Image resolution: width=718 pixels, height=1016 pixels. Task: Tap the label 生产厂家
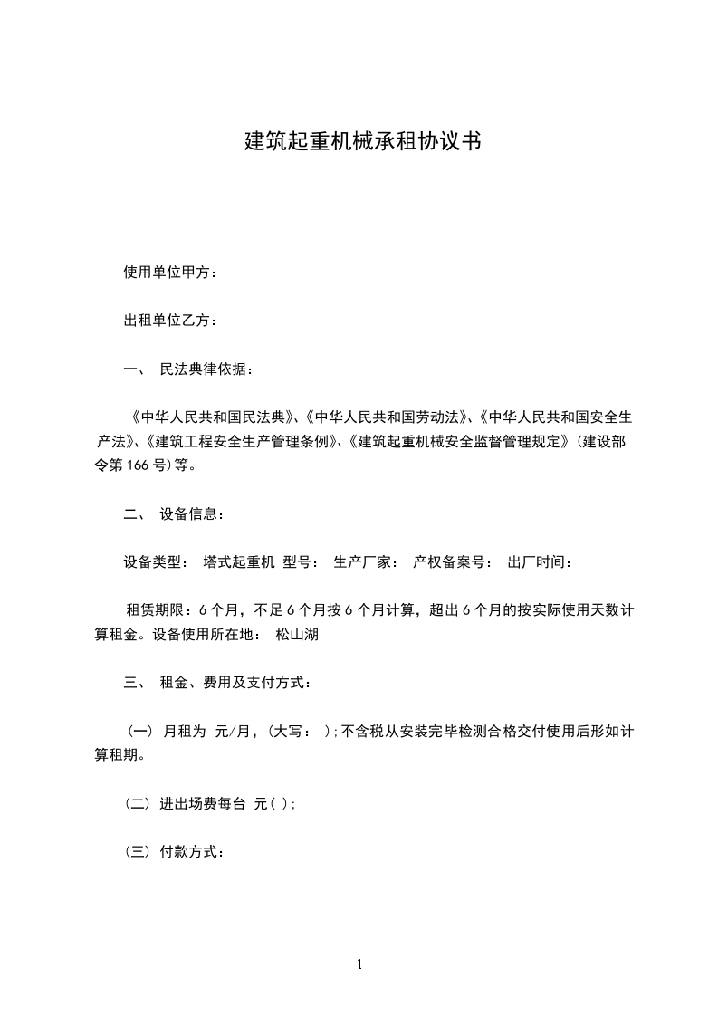[361, 562]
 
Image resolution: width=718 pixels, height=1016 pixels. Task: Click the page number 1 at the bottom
[359, 964]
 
